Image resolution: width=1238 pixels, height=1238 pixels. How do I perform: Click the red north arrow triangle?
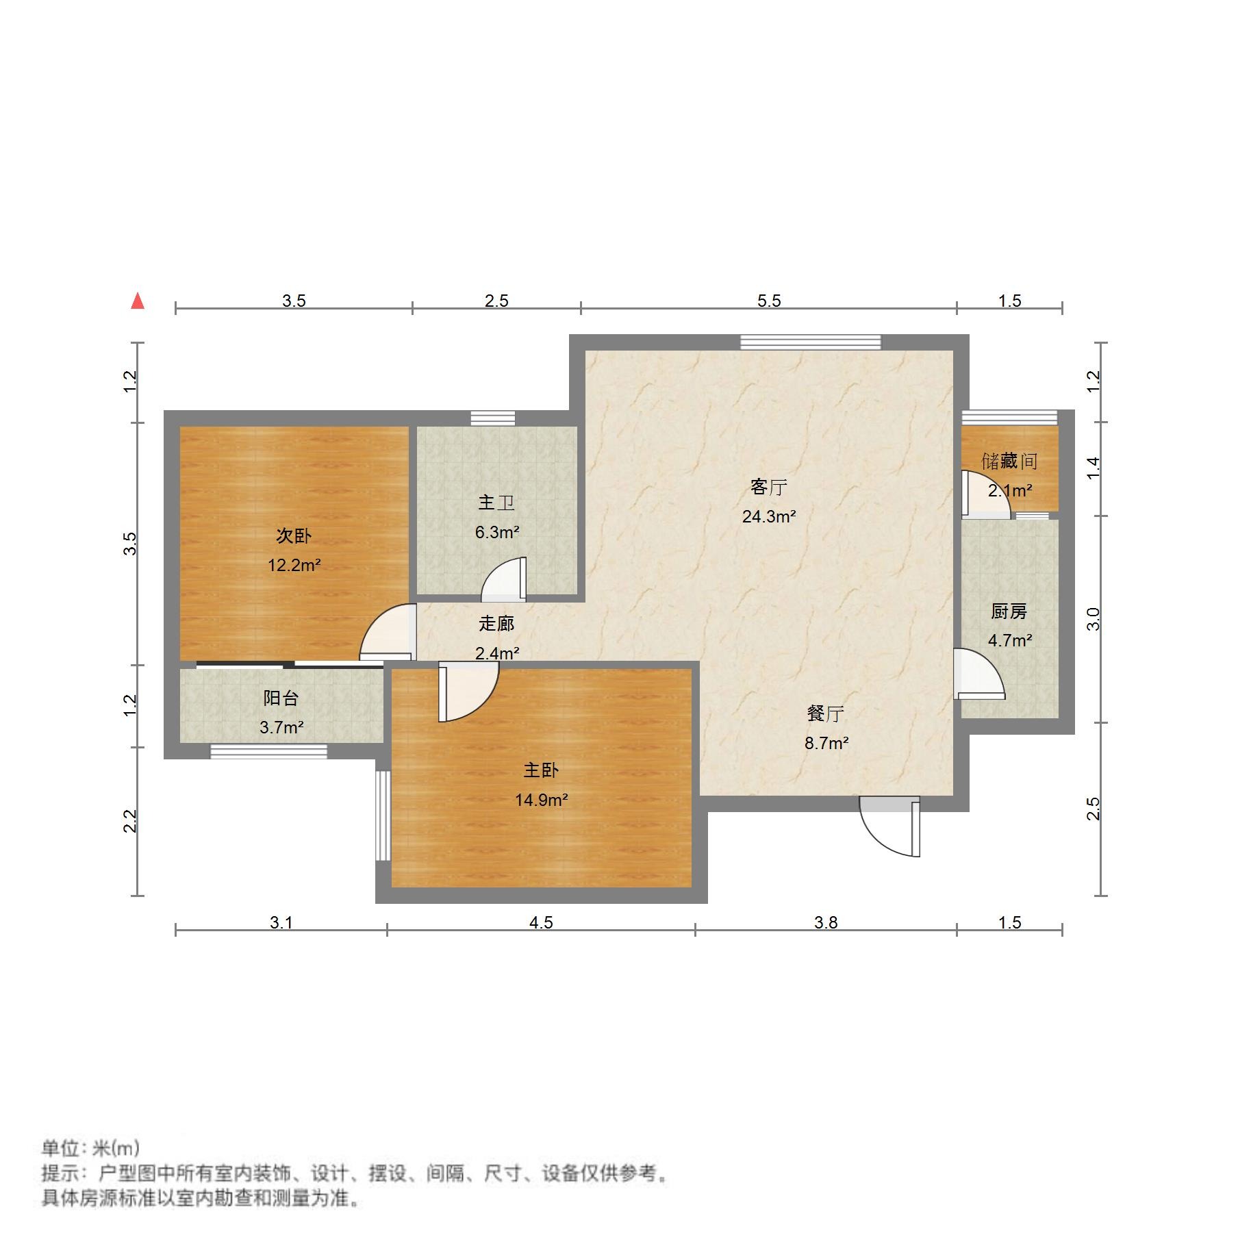click(138, 301)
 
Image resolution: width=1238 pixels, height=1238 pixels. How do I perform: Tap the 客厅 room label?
click(768, 488)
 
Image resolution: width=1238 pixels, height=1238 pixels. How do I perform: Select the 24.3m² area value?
click(768, 517)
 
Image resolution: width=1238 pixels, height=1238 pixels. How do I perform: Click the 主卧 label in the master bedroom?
click(541, 770)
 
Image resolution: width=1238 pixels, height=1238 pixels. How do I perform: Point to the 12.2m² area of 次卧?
click(294, 566)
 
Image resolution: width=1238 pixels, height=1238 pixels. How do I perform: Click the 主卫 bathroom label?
click(496, 503)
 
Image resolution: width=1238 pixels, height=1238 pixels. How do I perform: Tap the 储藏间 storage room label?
click(1009, 462)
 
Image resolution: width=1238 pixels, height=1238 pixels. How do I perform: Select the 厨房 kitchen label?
click(1009, 611)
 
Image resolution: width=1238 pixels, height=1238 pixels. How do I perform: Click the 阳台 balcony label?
click(281, 698)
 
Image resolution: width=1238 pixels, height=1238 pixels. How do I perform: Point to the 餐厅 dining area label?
click(825, 714)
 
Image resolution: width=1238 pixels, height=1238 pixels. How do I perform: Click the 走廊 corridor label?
click(496, 624)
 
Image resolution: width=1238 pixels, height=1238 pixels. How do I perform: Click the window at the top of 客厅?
click(810, 342)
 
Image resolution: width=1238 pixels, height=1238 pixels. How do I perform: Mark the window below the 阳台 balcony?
click(268, 752)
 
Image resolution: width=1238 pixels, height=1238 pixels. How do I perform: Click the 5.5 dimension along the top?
click(768, 301)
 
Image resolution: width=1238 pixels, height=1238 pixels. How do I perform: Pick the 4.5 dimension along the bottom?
click(540, 922)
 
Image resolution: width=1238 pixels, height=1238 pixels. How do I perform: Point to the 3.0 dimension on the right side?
click(1093, 619)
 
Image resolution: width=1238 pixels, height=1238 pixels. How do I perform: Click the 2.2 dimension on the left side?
click(130, 821)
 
